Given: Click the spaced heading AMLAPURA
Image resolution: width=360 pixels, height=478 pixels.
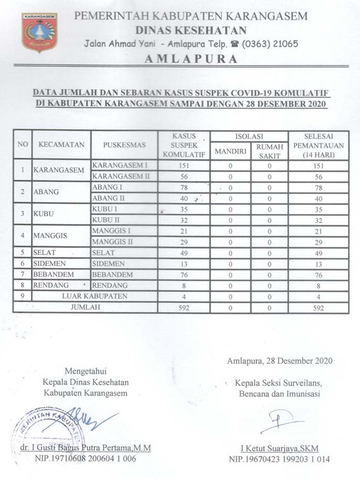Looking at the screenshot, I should pos(190,59).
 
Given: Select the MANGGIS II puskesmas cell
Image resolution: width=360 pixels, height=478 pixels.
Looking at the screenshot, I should pos(112,241).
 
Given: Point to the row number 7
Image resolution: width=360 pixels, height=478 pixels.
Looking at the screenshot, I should pos(23,274).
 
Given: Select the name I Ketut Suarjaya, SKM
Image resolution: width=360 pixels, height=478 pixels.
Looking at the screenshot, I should pos(279,448).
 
